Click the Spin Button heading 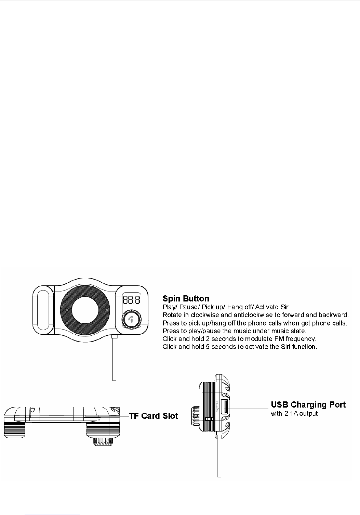click(186, 298)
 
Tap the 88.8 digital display click(131, 300)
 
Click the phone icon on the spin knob click(131, 320)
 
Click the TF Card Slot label click(154, 416)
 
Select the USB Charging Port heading click(308, 404)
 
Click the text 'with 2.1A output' click(294, 413)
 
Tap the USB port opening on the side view click(225, 408)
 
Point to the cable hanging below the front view click(115, 359)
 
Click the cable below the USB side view click(219, 455)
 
